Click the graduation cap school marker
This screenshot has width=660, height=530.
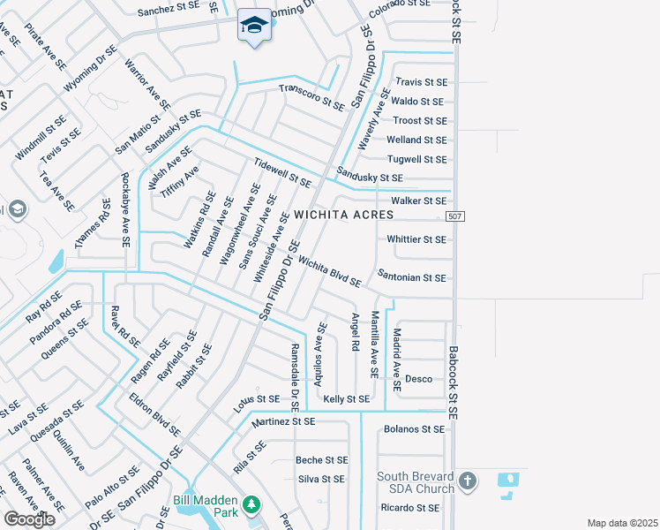click(x=254, y=26)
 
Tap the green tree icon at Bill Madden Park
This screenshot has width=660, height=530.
click(x=251, y=504)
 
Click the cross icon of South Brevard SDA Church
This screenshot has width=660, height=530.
click(x=468, y=481)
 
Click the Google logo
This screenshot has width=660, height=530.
click(x=29, y=519)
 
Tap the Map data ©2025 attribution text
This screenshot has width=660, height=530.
click(x=622, y=523)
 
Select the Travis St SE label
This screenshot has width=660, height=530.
click(x=421, y=82)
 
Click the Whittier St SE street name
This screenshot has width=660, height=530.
click(x=416, y=239)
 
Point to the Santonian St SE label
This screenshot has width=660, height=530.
click(x=411, y=277)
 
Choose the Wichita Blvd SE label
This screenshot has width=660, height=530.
click(x=329, y=271)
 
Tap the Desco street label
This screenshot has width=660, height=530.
click(x=418, y=379)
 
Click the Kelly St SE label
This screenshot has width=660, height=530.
click(x=346, y=399)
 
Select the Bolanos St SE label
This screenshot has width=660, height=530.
click(x=415, y=429)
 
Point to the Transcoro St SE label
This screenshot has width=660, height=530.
click(x=311, y=97)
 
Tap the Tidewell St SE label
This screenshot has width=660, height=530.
click(x=281, y=173)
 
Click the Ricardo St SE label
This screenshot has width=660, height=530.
click(x=409, y=508)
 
